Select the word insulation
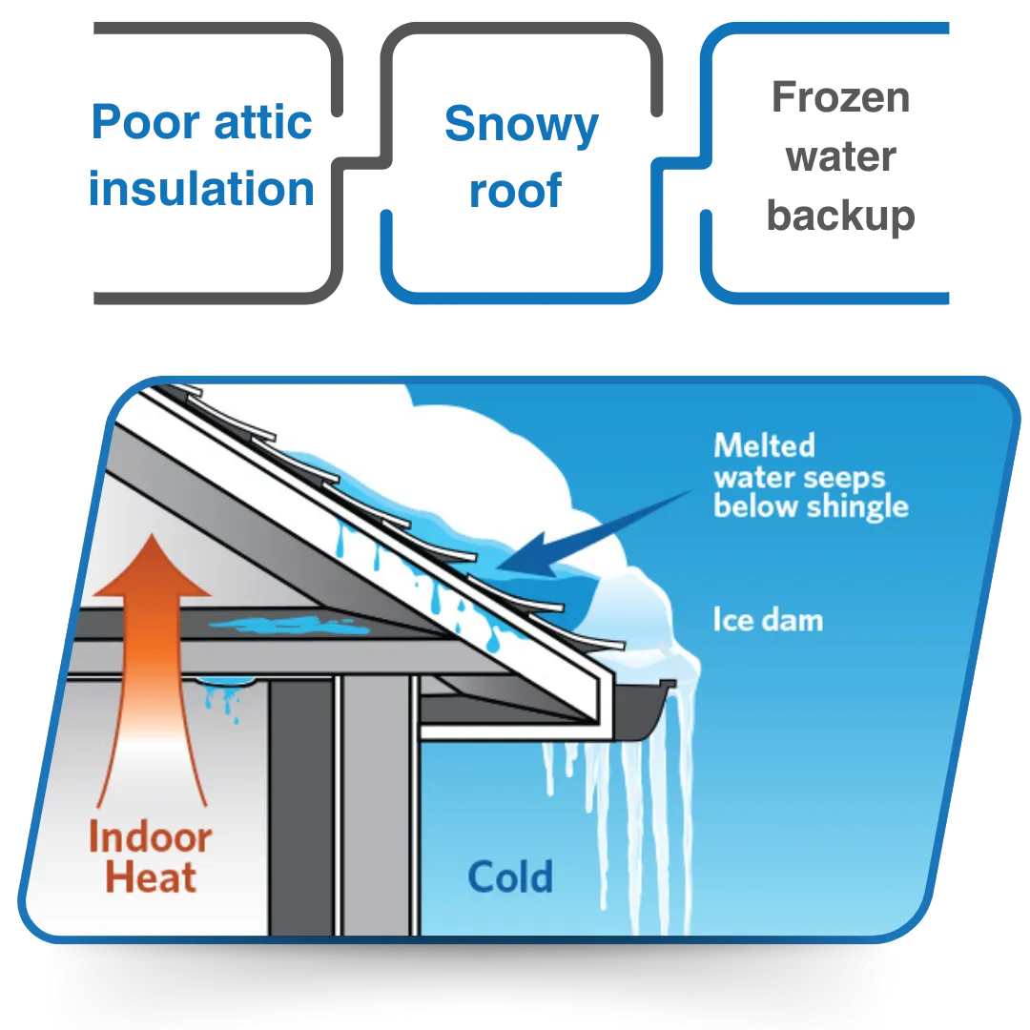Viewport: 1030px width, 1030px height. click(x=200, y=188)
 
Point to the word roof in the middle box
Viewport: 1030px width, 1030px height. click(x=515, y=191)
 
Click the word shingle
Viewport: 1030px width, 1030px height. click(x=858, y=506)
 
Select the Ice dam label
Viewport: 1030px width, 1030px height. click(x=768, y=620)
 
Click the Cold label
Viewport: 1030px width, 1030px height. click(x=510, y=876)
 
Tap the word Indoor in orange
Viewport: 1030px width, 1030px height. click(x=150, y=838)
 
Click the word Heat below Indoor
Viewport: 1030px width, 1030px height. click(x=151, y=877)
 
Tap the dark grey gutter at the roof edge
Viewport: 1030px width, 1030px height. click(x=634, y=711)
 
